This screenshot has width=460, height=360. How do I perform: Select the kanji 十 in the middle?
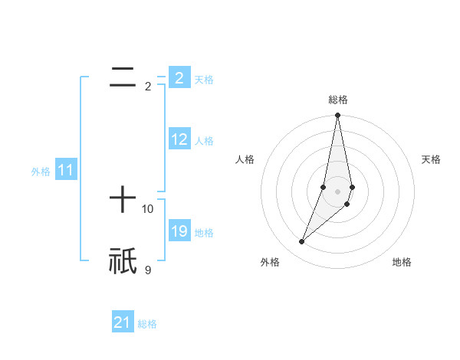tap(123, 201)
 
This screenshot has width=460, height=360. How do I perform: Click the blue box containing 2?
tap(179, 78)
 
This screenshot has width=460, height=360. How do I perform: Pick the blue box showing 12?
tap(179, 139)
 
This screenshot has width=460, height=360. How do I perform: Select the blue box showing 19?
tap(179, 231)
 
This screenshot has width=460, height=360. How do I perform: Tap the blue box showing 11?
tap(66, 171)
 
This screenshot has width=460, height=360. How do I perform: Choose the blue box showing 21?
tap(123, 322)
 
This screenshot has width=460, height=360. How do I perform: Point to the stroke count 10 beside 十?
tap(148, 208)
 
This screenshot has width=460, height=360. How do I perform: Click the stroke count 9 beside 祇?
tap(148, 269)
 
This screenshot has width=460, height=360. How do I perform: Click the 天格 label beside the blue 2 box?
tap(204, 79)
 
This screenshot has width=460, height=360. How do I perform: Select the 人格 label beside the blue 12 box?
tap(204, 140)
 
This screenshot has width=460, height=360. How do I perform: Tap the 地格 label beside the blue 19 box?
tap(204, 232)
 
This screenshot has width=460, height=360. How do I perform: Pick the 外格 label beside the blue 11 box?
tap(41, 172)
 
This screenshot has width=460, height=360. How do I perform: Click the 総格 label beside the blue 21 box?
tap(147, 323)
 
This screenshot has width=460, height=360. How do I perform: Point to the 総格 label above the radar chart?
tap(337, 100)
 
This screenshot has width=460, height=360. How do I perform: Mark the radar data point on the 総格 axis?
tap(337, 116)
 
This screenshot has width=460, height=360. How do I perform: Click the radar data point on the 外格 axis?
tap(302, 242)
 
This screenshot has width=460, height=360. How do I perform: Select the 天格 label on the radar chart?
tap(432, 159)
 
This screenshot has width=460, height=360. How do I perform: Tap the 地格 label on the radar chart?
tap(402, 262)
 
